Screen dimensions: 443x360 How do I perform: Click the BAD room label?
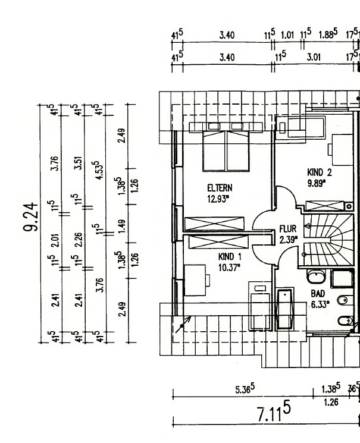(x=317, y=294)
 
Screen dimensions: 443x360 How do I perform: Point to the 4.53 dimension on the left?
(x=96, y=169)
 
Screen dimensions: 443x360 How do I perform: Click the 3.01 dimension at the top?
(x=314, y=58)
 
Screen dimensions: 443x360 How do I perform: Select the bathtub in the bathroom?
(x=286, y=308)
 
